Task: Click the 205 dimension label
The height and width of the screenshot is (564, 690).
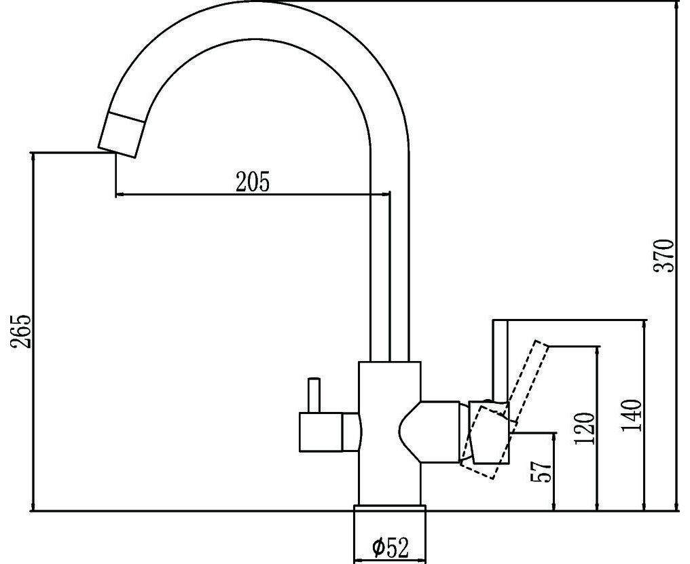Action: point(253,182)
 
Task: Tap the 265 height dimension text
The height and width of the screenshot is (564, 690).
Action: point(21,331)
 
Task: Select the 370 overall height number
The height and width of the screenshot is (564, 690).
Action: point(664,256)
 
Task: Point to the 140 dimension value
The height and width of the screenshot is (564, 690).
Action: point(632,416)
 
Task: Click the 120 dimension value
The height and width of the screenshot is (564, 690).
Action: point(585,428)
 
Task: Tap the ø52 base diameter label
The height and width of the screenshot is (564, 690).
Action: point(391,547)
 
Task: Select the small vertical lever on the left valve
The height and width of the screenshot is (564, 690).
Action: point(314,395)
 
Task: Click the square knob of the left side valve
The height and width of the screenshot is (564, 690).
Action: point(321,432)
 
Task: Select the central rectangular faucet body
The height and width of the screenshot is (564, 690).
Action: point(390,433)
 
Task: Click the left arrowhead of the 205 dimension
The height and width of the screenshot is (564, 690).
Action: point(120,193)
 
